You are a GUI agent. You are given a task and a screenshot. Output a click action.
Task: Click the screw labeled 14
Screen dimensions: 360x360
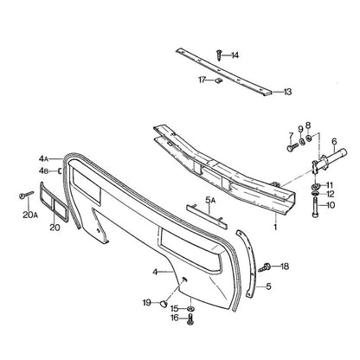[219, 55]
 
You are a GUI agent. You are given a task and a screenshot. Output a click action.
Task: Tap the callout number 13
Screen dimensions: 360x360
[287, 92]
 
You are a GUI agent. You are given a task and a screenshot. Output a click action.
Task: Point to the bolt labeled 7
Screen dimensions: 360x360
[292, 148]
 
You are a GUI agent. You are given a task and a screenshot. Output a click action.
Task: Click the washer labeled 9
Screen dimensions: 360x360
[302, 141]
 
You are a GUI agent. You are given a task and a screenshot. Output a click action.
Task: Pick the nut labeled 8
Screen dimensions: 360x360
[308, 138]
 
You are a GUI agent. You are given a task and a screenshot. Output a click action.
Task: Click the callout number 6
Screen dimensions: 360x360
[334, 141]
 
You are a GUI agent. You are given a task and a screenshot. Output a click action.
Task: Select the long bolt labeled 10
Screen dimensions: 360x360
[316, 206]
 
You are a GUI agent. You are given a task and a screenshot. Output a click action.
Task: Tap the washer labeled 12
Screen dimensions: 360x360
[315, 193]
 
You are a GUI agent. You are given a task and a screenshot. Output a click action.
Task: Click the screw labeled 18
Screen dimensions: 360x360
[263, 267]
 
